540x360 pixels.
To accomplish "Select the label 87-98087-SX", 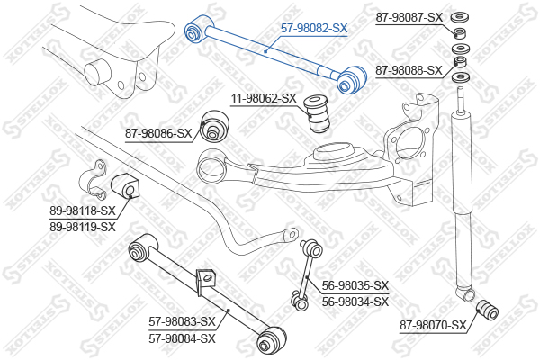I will click(408, 17).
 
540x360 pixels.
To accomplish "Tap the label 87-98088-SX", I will click(408, 70).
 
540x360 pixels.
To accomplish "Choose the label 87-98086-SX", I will click(158, 134).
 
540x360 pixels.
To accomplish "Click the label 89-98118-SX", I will click(82, 211).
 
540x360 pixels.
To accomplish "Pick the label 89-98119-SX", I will click(82, 227).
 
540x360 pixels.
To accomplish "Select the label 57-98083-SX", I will click(182, 322).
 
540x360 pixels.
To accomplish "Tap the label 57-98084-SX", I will click(182, 338).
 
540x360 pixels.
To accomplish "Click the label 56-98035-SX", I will click(355, 285).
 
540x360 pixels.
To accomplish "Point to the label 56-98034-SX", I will click(355, 301).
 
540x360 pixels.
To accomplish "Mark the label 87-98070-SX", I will click(435, 325).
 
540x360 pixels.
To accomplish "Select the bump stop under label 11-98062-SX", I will click(319, 112).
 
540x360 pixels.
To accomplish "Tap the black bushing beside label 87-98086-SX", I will click(214, 125).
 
